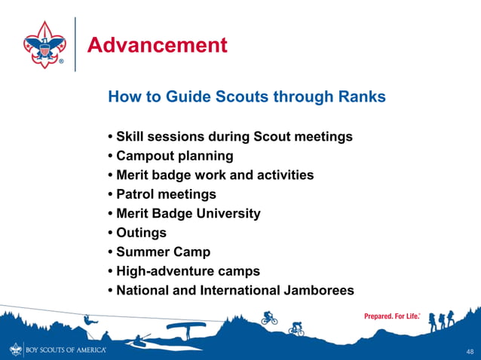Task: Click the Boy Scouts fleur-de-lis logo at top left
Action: tap(44, 44)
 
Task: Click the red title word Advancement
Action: tap(157, 45)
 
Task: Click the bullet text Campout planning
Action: tap(174, 156)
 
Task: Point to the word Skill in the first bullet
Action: tap(131, 137)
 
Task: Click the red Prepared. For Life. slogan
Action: tap(392, 316)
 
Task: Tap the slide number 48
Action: tap(470, 352)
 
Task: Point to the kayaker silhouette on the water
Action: tap(140, 340)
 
